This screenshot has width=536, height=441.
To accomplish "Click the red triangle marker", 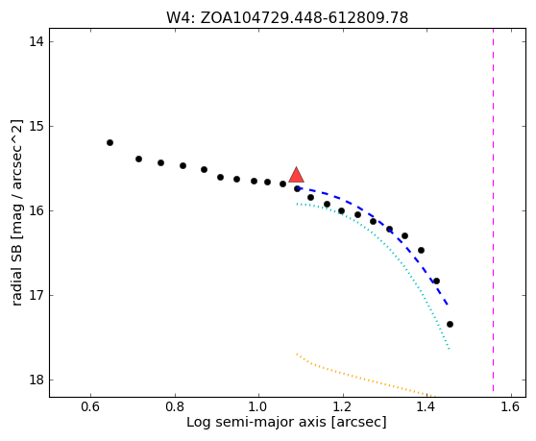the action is tap(297, 176).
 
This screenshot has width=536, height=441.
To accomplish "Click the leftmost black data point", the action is tap(110, 142).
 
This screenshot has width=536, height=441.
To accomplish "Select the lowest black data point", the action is tap(450, 324).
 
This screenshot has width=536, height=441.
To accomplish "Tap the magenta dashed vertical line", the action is tap(493, 209).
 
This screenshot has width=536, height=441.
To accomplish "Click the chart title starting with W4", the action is tap(287, 17).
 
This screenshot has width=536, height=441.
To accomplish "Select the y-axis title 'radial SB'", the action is tap(16, 212).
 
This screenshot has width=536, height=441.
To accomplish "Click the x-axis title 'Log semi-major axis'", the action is tap(286, 422).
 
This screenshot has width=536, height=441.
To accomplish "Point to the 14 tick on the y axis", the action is tap(37, 41).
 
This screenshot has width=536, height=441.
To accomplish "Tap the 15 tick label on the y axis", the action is tap(37, 126).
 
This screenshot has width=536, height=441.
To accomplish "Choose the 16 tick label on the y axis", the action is tap(37, 210).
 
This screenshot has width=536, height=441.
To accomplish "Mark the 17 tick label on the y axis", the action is tap(37, 295).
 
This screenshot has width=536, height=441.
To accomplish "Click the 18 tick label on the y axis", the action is tap(37, 380).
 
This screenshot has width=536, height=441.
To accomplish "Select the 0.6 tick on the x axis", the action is tap(90, 406).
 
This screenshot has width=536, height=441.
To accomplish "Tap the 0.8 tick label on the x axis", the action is tap(175, 406).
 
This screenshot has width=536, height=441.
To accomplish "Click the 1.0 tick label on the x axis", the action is tap(258, 406).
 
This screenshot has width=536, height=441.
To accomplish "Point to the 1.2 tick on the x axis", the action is tap(343, 406).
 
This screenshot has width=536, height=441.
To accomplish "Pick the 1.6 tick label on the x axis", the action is tap(511, 406).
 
